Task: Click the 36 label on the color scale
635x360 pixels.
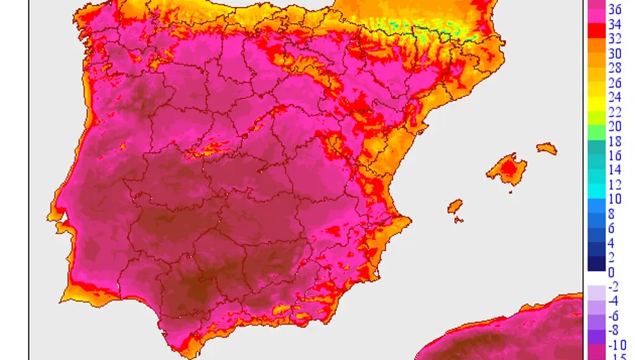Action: click(x=615, y=10)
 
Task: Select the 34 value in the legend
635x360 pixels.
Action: click(x=615, y=25)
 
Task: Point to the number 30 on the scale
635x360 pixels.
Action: click(x=615, y=54)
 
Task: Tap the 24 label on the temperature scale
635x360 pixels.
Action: click(x=615, y=98)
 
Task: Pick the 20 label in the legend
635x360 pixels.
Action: click(x=615, y=126)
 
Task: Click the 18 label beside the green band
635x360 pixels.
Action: click(x=615, y=141)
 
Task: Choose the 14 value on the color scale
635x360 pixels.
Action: click(x=615, y=170)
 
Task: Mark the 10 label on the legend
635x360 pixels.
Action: click(x=615, y=199)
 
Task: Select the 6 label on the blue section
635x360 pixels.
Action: click(x=612, y=229)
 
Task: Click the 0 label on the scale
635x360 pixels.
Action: click(x=612, y=272)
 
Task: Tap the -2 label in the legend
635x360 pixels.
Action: click(x=613, y=287)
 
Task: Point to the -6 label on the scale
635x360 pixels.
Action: click(x=613, y=316)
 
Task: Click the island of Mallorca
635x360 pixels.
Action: click(x=508, y=169)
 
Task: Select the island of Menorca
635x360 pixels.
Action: click(x=546, y=149)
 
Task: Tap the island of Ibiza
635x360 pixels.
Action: click(x=455, y=206)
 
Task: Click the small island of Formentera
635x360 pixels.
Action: click(x=458, y=220)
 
